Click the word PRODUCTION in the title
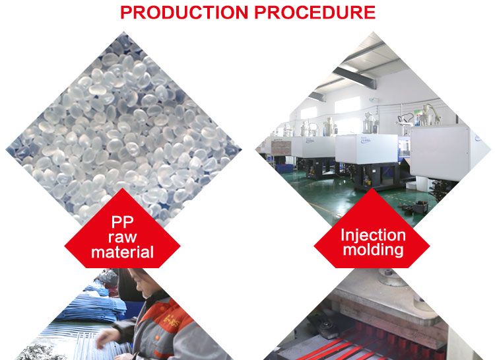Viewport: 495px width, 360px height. coord(184,13)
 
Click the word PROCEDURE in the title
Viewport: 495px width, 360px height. coord(315,13)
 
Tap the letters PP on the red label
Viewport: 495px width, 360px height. coord(122,222)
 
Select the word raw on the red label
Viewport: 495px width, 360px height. coord(122,237)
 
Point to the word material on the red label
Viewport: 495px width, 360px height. coord(122,252)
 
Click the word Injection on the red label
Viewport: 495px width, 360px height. coord(373,236)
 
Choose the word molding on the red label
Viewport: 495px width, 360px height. coord(373,250)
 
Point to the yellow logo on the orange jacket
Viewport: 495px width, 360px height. coord(172,322)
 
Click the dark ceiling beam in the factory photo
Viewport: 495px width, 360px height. coord(354,77)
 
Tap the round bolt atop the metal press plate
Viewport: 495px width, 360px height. coord(391,277)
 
